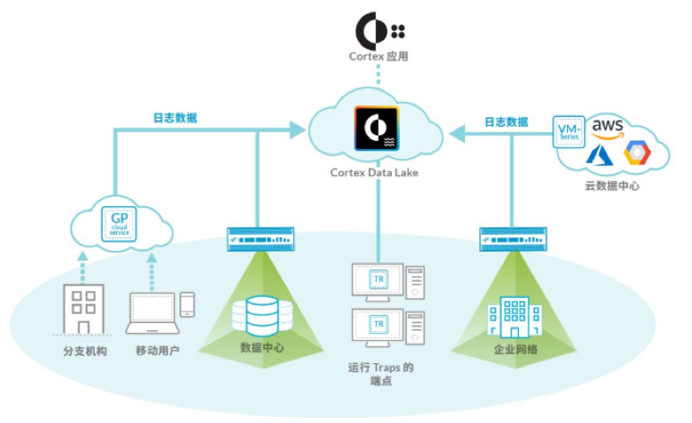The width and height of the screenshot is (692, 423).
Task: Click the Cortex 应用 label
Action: click(379, 58)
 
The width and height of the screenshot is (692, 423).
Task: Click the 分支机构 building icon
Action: click(85, 309)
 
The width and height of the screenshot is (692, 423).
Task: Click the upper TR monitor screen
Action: click(378, 278)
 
